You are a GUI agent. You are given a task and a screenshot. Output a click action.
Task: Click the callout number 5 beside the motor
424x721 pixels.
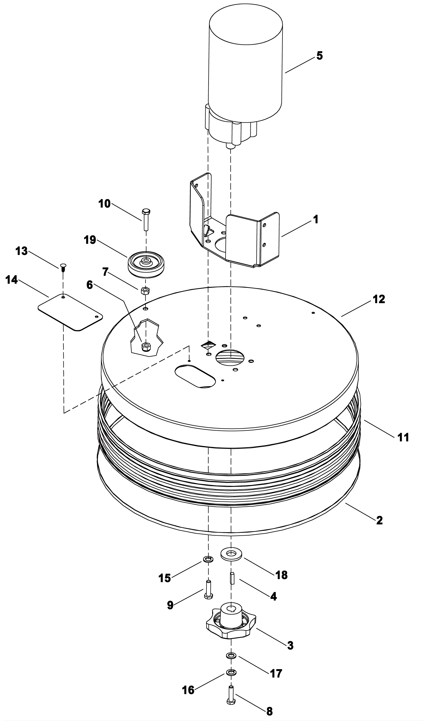319,56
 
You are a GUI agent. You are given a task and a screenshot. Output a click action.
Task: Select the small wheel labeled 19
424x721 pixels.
146,263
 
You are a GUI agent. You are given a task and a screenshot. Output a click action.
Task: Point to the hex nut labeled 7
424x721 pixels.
145,291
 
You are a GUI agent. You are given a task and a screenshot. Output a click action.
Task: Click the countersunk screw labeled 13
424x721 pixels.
63,267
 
